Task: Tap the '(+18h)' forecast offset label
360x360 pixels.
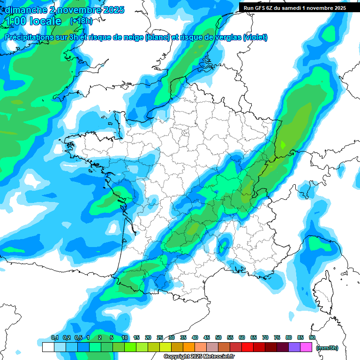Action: [x=81, y=21]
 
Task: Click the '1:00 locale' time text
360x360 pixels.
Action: [x=33, y=21]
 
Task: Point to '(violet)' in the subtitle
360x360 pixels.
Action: [x=255, y=37]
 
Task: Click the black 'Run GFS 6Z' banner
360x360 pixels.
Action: [x=294, y=7]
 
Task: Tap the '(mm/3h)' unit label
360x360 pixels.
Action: [x=327, y=347]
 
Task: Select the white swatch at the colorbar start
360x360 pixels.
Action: [x=48, y=347]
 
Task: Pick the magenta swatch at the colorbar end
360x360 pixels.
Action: [x=306, y=347]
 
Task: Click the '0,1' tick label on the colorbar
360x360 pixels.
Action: [x=54, y=337]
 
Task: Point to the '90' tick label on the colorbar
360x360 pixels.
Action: [x=312, y=337]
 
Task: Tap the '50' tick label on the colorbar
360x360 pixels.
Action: [x=218, y=337]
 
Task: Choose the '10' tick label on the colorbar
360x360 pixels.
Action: [x=125, y=337]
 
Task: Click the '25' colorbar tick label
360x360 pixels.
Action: [x=160, y=337]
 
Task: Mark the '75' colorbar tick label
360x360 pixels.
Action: [x=277, y=337]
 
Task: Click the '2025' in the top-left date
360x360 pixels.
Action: [x=112, y=10]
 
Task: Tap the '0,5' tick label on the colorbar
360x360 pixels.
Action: [x=78, y=337]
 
